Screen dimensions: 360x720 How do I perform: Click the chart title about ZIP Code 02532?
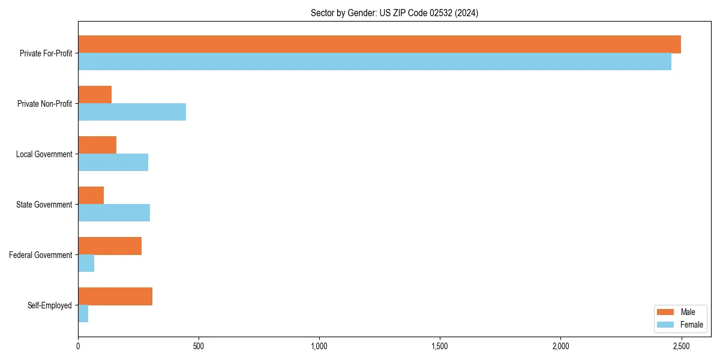394,13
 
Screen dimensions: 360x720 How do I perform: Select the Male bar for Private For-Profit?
379,44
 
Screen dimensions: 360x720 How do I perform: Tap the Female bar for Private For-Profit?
374,62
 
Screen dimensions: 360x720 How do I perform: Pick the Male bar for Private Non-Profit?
95,95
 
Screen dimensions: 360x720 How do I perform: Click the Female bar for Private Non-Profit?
132,112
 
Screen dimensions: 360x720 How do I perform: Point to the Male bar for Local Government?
97,145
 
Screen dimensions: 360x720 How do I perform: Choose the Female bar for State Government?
114,213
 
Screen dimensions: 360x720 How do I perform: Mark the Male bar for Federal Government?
110,246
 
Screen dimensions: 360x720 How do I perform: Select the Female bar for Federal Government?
86,263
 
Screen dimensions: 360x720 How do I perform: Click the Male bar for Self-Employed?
115,296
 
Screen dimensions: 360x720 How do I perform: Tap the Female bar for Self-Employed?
83,314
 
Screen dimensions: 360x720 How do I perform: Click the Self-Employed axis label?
50,305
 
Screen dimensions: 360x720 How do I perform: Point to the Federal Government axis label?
41,255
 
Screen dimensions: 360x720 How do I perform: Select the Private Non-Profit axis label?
44,104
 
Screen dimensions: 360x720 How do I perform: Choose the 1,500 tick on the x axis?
440,346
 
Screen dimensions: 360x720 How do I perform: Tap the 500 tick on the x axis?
199,346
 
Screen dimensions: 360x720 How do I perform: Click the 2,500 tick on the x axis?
681,346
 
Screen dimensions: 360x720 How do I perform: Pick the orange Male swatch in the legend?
665,312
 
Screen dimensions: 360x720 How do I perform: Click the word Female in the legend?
691,325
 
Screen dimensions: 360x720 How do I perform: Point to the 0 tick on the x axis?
78,346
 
